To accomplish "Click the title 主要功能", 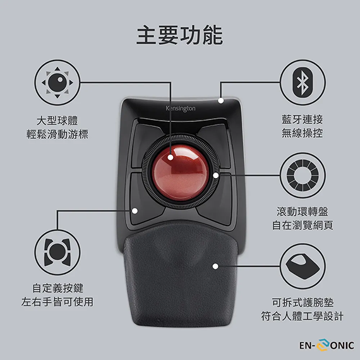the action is pos(180,35).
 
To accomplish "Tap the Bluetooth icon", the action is pos(303,81).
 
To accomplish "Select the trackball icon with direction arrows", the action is pos(57,83).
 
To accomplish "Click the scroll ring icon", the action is pos(303,176).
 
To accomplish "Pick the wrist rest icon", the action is pos(303,267).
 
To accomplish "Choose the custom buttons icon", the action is pos(57,252).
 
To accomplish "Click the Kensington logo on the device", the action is pos(181,109).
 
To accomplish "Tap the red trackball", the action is pos(181,172).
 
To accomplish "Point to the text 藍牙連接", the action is pos(303,119).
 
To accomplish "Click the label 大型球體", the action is pos(57,121).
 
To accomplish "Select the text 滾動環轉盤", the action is pos(303,212).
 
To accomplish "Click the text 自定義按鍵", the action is pos(58,288).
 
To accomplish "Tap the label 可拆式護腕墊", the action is pos(303,303).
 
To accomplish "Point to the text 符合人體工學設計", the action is pos(303,316).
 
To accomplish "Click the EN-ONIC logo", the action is pos(327,345).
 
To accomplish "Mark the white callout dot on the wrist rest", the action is pos(215,267).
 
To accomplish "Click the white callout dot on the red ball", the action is pos(171,157).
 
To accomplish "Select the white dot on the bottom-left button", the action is pos(135,211).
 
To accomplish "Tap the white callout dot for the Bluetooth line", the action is pos(221,100).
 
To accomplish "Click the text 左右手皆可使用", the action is pos(57,302).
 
